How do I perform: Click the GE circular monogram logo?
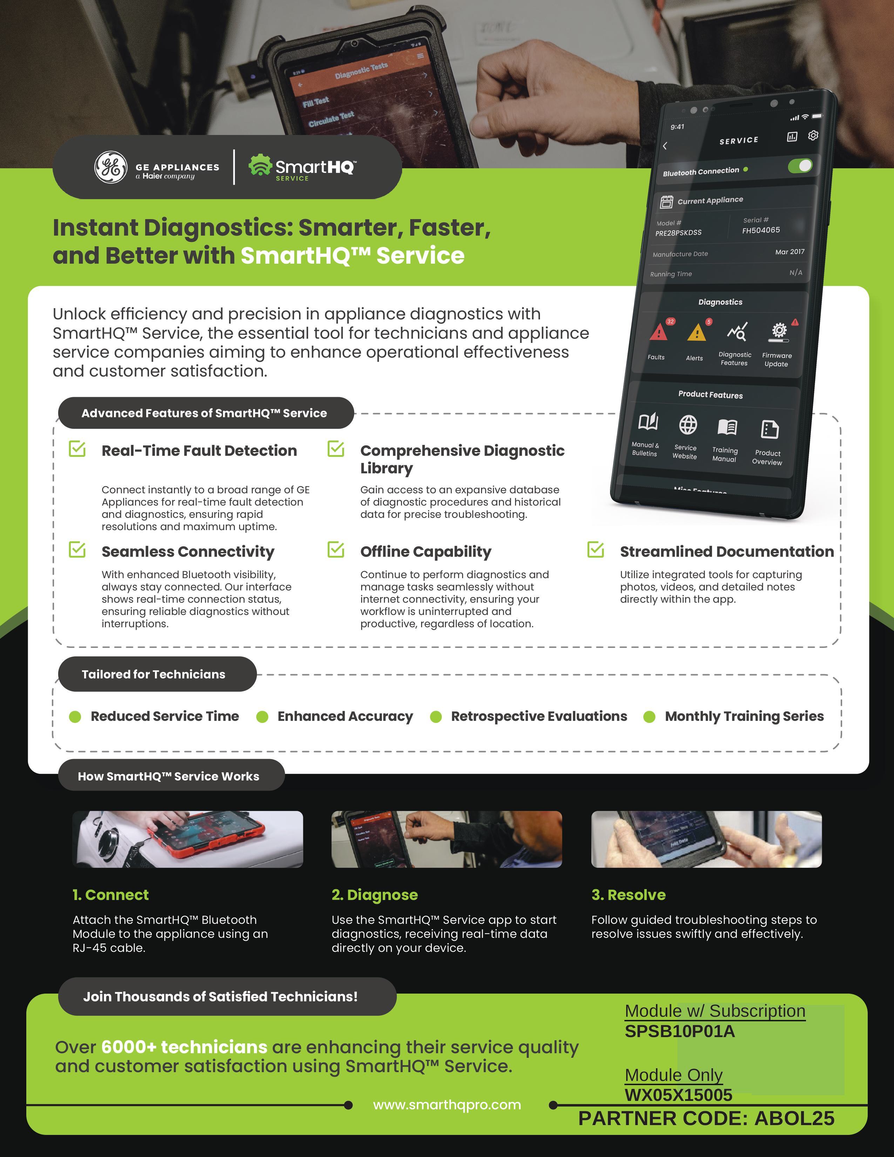[111, 167]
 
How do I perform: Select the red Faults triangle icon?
[658, 332]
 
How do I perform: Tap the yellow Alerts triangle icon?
[697, 333]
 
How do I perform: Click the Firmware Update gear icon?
[779, 331]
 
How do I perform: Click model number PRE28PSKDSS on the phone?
[678, 232]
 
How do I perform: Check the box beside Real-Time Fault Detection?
[77, 449]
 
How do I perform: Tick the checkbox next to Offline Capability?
[336, 549]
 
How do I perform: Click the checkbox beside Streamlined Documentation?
[596, 549]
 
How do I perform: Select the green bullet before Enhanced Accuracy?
[262, 717]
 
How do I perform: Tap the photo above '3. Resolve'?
[706, 839]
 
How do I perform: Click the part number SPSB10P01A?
[679, 1031]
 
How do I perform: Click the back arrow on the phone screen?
[665, 146]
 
